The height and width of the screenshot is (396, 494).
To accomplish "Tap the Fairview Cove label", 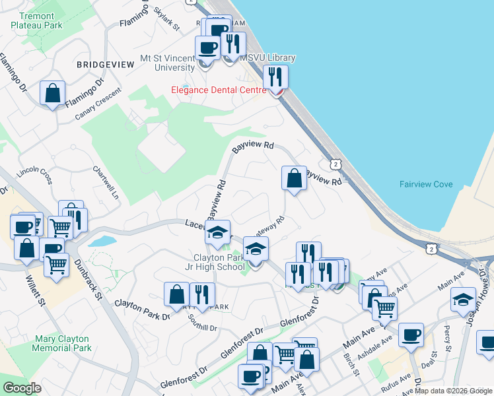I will tap(426, 184).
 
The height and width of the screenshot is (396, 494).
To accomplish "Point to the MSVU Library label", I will tap(267, 58).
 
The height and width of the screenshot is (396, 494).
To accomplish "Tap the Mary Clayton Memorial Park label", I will tap(63, 343).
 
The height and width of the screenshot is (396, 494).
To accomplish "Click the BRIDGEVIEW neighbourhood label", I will tap(102, 65).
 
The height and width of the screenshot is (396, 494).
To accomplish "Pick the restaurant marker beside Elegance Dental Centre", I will tap(275, 77).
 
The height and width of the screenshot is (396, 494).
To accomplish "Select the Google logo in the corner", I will tap(22, 388).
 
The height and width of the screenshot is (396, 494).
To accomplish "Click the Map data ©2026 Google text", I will tap(453, 391).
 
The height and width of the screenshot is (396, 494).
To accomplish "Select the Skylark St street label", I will tap(166, 20).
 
